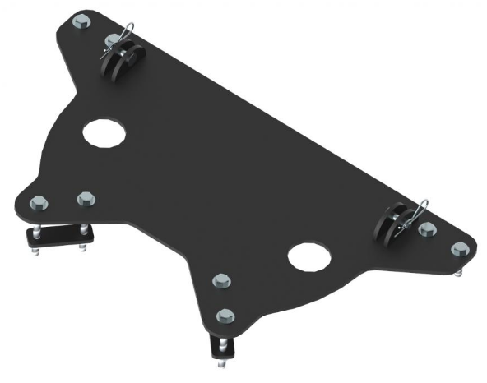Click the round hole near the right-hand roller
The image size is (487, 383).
pos(308,258)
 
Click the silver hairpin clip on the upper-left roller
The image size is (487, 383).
pos(124,36)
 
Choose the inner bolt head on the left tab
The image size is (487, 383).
pos(86,199)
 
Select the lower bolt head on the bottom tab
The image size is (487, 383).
pos(224,315)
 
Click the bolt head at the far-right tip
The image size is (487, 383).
pos(461,249)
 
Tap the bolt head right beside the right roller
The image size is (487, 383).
pos(426,230)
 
